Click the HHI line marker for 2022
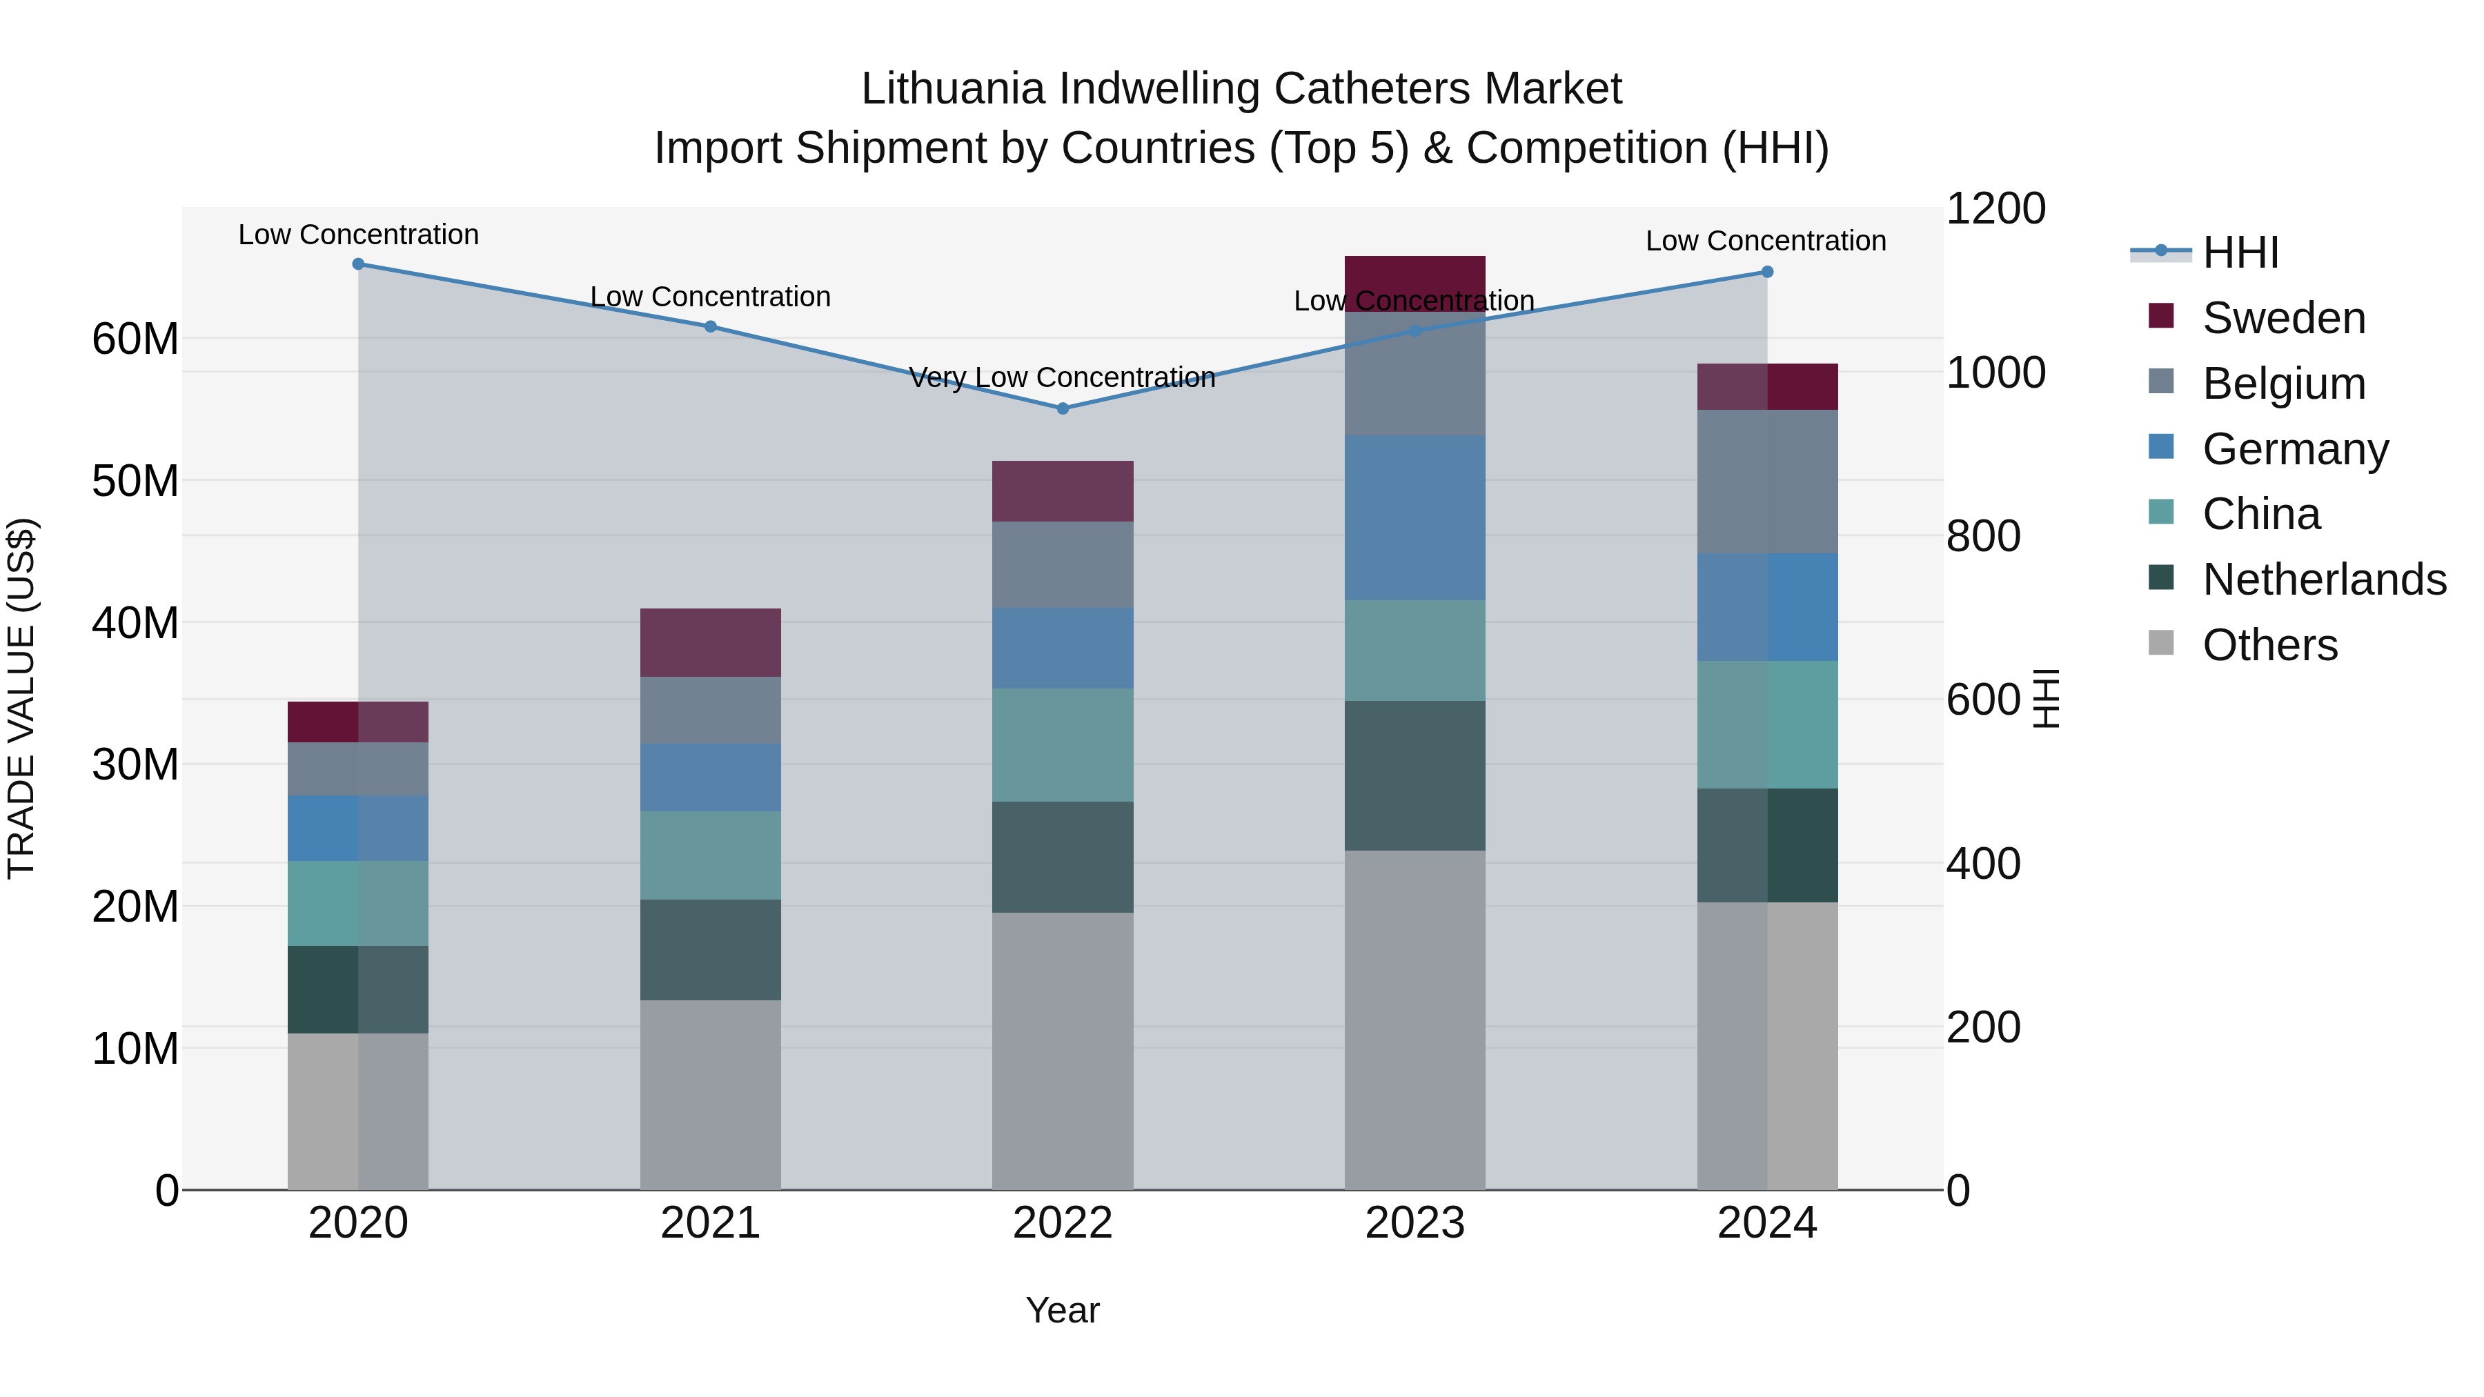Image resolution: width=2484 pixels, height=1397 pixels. [1063, 409]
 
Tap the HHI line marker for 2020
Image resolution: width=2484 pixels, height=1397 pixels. [357, 264]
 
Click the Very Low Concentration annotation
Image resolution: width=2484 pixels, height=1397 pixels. [1062, 377]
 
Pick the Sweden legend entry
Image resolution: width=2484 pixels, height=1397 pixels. [2283, 318]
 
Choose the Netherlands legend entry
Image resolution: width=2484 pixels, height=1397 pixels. [2324, 579]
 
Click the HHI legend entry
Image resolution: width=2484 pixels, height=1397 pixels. [2240, 252]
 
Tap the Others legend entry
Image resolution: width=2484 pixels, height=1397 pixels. [2270, 645]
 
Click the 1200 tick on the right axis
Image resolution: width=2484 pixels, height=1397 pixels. [1995, 208]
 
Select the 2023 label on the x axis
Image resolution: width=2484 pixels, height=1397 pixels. [1414, 1223]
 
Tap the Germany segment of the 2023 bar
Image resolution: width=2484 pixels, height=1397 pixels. [1414, 517]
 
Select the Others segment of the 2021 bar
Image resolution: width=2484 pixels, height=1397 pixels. [710, 1094]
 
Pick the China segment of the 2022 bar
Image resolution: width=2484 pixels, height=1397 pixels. [1063, 744]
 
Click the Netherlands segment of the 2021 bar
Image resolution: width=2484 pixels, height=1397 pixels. [710, 950]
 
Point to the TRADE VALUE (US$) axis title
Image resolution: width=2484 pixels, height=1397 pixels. [21, 698]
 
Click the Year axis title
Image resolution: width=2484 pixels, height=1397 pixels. [1062, 1310]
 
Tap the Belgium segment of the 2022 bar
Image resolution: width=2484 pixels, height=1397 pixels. [1063, 565]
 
